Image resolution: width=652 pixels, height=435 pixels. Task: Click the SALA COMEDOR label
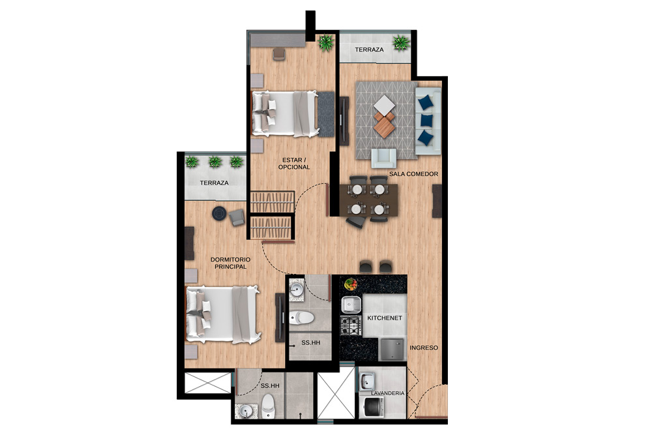click(413, 174)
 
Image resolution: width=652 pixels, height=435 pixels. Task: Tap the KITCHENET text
click(385, 318)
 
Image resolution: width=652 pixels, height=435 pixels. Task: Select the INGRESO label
click(424, 348)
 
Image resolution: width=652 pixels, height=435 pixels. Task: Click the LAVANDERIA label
click(387, 393)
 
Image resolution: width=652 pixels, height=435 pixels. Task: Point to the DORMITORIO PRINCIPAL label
click(230, 263)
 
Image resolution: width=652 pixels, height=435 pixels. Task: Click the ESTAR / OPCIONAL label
click(294, 164)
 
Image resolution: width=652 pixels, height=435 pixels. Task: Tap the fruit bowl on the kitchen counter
click(351, 284)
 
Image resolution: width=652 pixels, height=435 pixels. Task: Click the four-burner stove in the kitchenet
click(351, 325)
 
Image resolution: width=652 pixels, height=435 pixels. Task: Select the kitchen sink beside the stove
click(351, 305)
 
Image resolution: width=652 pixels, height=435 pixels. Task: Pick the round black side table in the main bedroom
click(220, 213)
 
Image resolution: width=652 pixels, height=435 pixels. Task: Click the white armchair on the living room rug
click(383, 158)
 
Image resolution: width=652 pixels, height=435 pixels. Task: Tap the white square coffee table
click(385, 104)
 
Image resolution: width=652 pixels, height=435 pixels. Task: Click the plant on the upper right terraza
click(401, 42)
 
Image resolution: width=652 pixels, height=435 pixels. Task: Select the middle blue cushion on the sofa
click(426, 120)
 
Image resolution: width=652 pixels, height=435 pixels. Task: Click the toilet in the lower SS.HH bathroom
click(268, 406)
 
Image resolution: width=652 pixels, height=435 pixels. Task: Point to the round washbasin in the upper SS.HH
click(297, 289)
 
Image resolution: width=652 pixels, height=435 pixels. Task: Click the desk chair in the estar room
click(279, 54)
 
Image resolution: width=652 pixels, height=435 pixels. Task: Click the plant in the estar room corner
click(327, 43)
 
